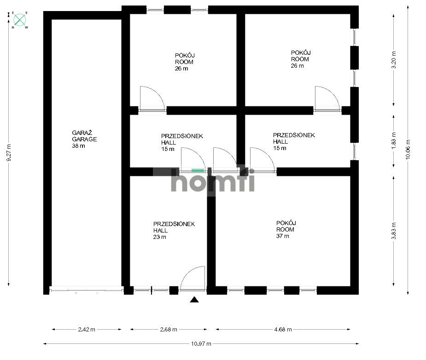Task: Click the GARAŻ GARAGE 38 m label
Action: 84,139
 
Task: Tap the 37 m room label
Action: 286,229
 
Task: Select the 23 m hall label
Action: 174,231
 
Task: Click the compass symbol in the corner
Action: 19,20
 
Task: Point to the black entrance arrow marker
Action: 194,299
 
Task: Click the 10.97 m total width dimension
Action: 201,344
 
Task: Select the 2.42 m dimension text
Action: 87,330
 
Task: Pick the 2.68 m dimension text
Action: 169,330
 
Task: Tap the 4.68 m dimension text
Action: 283,330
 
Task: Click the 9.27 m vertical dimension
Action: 9,152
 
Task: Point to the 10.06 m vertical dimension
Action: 408,149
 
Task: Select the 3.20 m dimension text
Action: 394,60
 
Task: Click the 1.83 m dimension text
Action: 394,141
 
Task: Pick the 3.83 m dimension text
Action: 394,231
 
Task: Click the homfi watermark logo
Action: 213,180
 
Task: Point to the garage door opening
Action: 86,290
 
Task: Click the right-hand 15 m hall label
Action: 294,141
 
